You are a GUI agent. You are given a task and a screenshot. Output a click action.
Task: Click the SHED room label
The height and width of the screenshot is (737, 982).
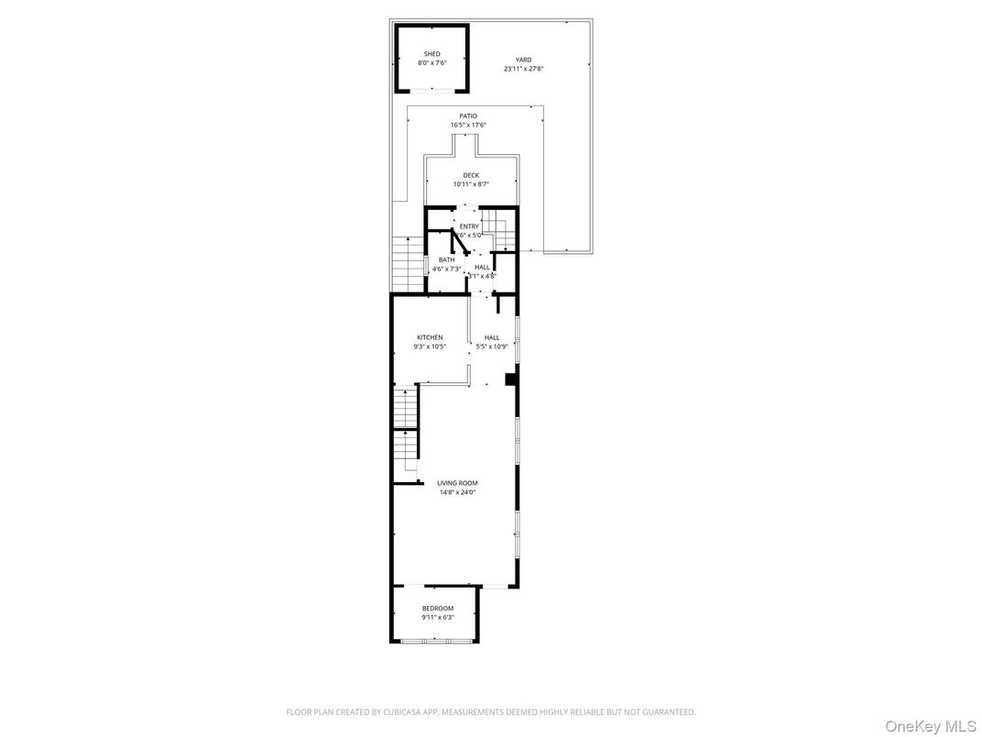pos(431,54)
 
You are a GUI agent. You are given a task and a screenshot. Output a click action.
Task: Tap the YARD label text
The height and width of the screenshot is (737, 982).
pos(523,60)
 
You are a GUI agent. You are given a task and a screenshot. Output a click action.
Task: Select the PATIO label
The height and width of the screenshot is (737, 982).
pos(468,116)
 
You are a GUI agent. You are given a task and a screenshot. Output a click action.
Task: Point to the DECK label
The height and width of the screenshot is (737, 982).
pos(471,175)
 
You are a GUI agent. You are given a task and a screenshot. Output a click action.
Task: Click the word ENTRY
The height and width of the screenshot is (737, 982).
pos(469,226)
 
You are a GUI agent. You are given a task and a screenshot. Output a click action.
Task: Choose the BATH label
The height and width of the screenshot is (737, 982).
pos(446,259)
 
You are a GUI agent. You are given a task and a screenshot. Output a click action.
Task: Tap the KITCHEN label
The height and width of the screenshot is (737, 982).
pos(430,337)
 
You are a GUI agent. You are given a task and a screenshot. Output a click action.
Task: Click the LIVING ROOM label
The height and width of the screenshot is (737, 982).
pos(457,483)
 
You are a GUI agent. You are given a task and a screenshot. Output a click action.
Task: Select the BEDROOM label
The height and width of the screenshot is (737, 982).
pos(438,609)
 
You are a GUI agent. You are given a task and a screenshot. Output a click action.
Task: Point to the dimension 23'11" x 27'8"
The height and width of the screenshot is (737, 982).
pos(523,69)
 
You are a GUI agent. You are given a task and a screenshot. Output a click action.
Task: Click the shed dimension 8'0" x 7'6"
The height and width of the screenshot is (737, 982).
pos(431,63)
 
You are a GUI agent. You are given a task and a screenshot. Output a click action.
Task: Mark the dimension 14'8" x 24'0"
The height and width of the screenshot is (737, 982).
pos(457,492)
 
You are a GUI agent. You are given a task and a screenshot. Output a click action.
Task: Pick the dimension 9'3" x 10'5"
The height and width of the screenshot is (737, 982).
pos(430,346)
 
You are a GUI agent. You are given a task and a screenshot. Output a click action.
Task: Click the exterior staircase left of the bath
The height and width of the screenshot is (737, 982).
pos(406,262)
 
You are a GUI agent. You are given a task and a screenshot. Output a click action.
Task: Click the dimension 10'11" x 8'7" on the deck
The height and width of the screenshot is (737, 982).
pos(471,184)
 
